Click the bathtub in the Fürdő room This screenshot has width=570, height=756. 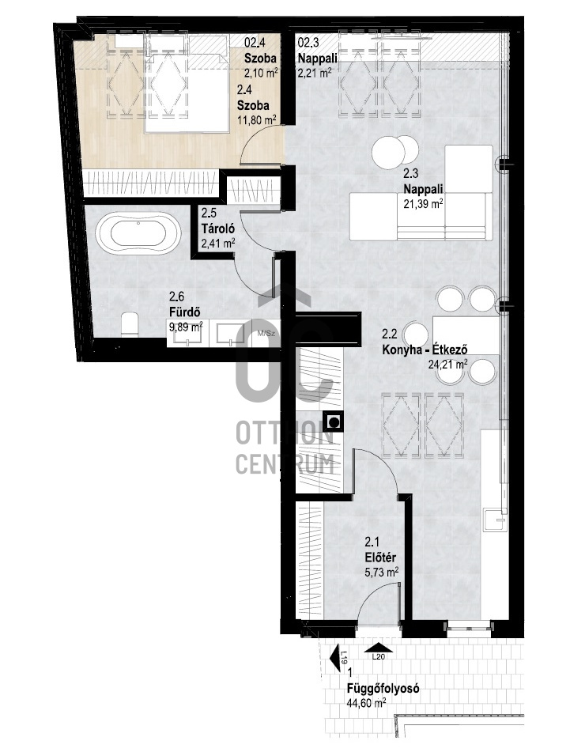coord(139,235)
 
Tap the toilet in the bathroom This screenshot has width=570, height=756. coord(130,325)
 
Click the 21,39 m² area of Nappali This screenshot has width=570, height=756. coord(423,204)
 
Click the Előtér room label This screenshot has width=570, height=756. coord(380,558)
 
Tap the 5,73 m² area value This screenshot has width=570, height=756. coord(381,573)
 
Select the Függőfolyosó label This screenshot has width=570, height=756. coord(383,689)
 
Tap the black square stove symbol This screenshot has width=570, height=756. coord(333,421)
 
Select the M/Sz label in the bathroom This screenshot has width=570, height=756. coord(266,332)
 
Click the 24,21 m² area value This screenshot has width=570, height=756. coord(447,365)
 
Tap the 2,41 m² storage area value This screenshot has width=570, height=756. coord(217,244)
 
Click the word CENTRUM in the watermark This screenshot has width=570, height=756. coord(285,464)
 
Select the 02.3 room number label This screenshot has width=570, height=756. coord(308,43)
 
